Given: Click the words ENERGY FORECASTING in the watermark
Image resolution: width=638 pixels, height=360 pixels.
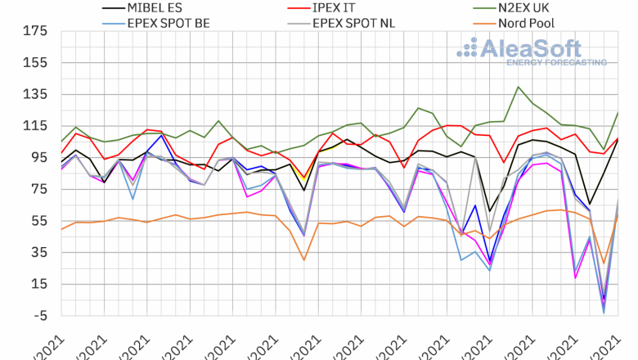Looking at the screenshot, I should coord(556,62).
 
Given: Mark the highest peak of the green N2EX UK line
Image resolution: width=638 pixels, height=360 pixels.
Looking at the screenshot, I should coord(519,87).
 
